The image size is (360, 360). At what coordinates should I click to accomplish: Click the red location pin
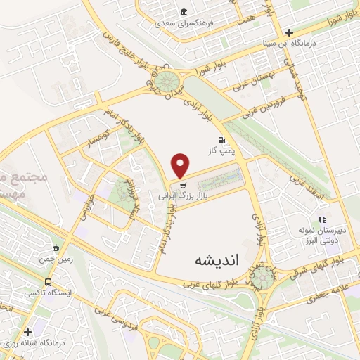pyautogui.click(x=181, y=165)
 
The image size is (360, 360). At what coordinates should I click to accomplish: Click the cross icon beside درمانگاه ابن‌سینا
pyautogui.click(x=289, y=32)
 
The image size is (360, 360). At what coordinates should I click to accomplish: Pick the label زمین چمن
pyautogui.click(x=56, y=258)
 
